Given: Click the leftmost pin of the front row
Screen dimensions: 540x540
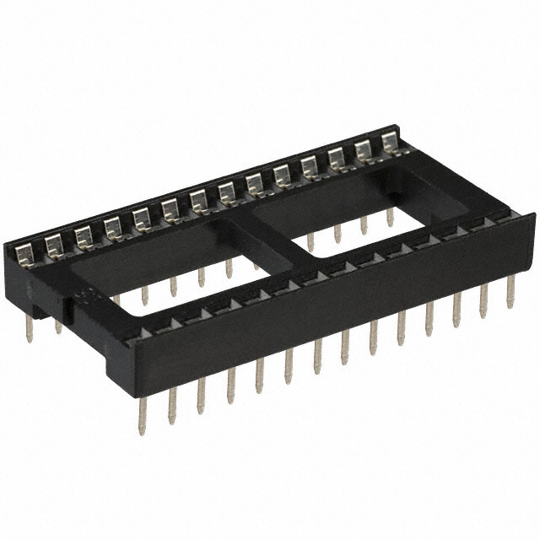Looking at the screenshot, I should coord(143,414).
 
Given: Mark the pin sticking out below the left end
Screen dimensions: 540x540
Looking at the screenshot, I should coord(29,329).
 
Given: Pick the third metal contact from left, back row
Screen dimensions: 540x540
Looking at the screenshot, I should coord(83,235).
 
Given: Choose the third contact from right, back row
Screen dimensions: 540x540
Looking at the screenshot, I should coord(336,157).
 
